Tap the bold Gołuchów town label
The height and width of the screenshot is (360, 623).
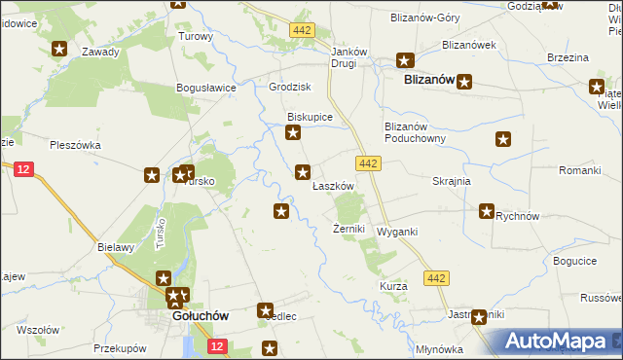pyautogui.click(x=200, y=316)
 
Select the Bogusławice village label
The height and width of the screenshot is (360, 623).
pyautogui.click(x=206, y=88)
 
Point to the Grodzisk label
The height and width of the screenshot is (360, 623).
pyautogui.click(x=289, y=87)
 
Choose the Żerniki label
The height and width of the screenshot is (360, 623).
pyautogui.click(x=348, y=229)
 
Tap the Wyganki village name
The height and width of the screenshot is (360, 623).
pyautogui.click(x=397, y=232)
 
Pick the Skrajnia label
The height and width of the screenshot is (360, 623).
pyautogui.click(x=452, y=181)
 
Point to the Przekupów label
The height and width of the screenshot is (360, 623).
pyautogui.click(x=120, y=347)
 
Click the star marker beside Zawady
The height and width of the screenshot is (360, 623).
pyautogui.click(x=59, y=48)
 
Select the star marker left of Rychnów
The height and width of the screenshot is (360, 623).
pyautogui.click(x=487, y=210)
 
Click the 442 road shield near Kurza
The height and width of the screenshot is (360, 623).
pyautogui.click(x=437, y=279)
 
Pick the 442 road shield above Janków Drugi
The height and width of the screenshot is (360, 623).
pyautogui.click(x=302, y=31)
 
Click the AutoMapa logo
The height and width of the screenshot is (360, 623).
pyautogui.click(x=556, y=342)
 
